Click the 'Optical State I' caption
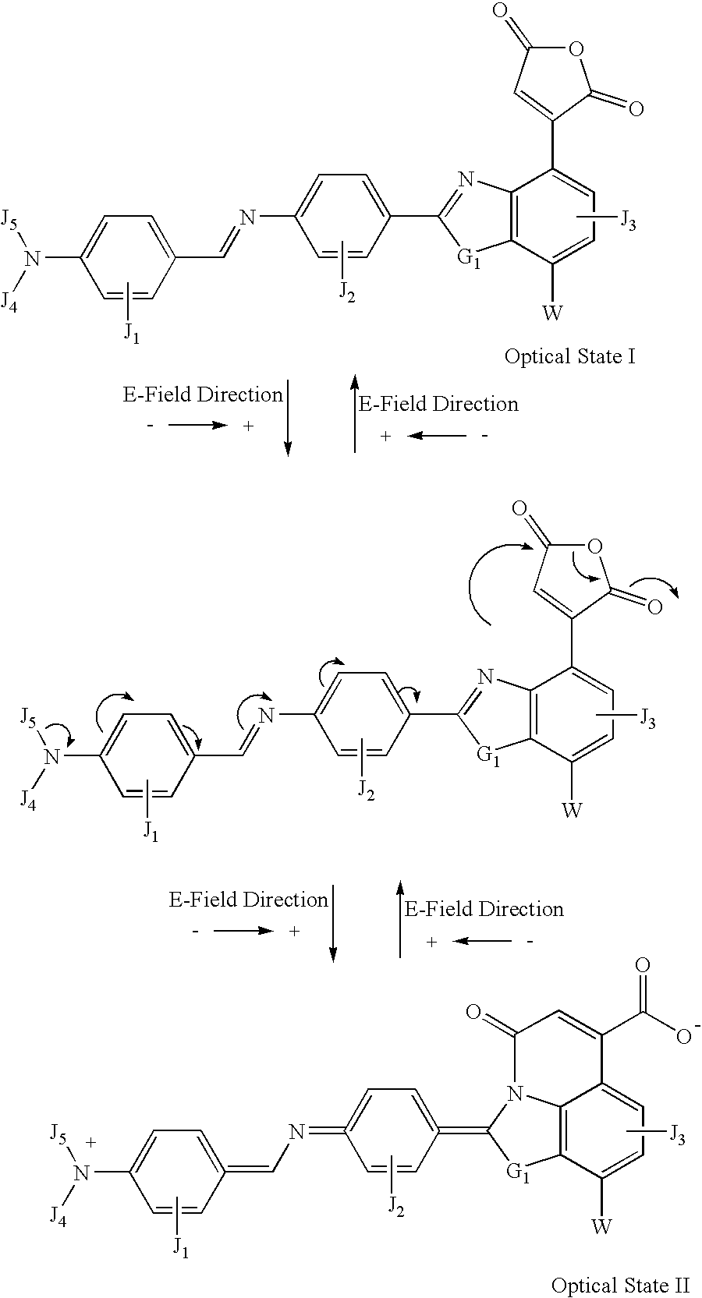coord(570,355)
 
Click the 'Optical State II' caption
coord(620,1286)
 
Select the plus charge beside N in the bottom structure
coord(90,1141)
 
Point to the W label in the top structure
coord(552,313)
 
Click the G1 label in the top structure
coord(470,259)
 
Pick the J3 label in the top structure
coord(626,221)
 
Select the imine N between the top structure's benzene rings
coord(247,218)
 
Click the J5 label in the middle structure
coord(28,720)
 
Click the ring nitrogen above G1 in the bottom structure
coord(513,1093)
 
